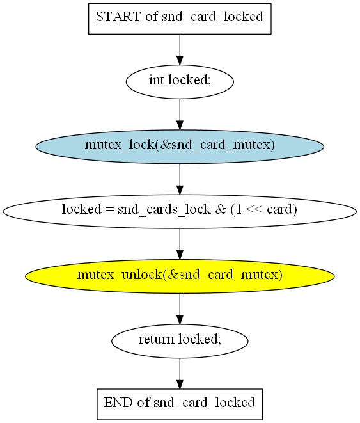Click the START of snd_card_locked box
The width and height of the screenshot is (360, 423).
180,19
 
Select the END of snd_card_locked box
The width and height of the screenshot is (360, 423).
180,404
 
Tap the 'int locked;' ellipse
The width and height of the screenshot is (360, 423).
180,82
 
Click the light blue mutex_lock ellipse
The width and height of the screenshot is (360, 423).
180,147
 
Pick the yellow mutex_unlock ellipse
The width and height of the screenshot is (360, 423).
180,276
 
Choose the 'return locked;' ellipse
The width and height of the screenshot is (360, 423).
180,341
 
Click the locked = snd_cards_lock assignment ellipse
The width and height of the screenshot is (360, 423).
180,211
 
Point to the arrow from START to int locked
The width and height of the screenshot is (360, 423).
180,50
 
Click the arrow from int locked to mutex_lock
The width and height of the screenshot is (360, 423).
180,114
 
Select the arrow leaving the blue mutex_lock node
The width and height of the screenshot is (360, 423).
180,179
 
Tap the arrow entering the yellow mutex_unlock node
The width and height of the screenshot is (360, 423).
180,244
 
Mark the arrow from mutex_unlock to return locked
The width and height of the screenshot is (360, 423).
180,309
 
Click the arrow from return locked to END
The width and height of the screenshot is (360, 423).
180,374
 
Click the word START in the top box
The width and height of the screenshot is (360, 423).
118,17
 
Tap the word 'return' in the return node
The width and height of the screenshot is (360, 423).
156,339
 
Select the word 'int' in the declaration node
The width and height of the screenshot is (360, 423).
156,80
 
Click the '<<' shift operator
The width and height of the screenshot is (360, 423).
254,209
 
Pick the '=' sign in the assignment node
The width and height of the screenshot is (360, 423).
110,210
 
